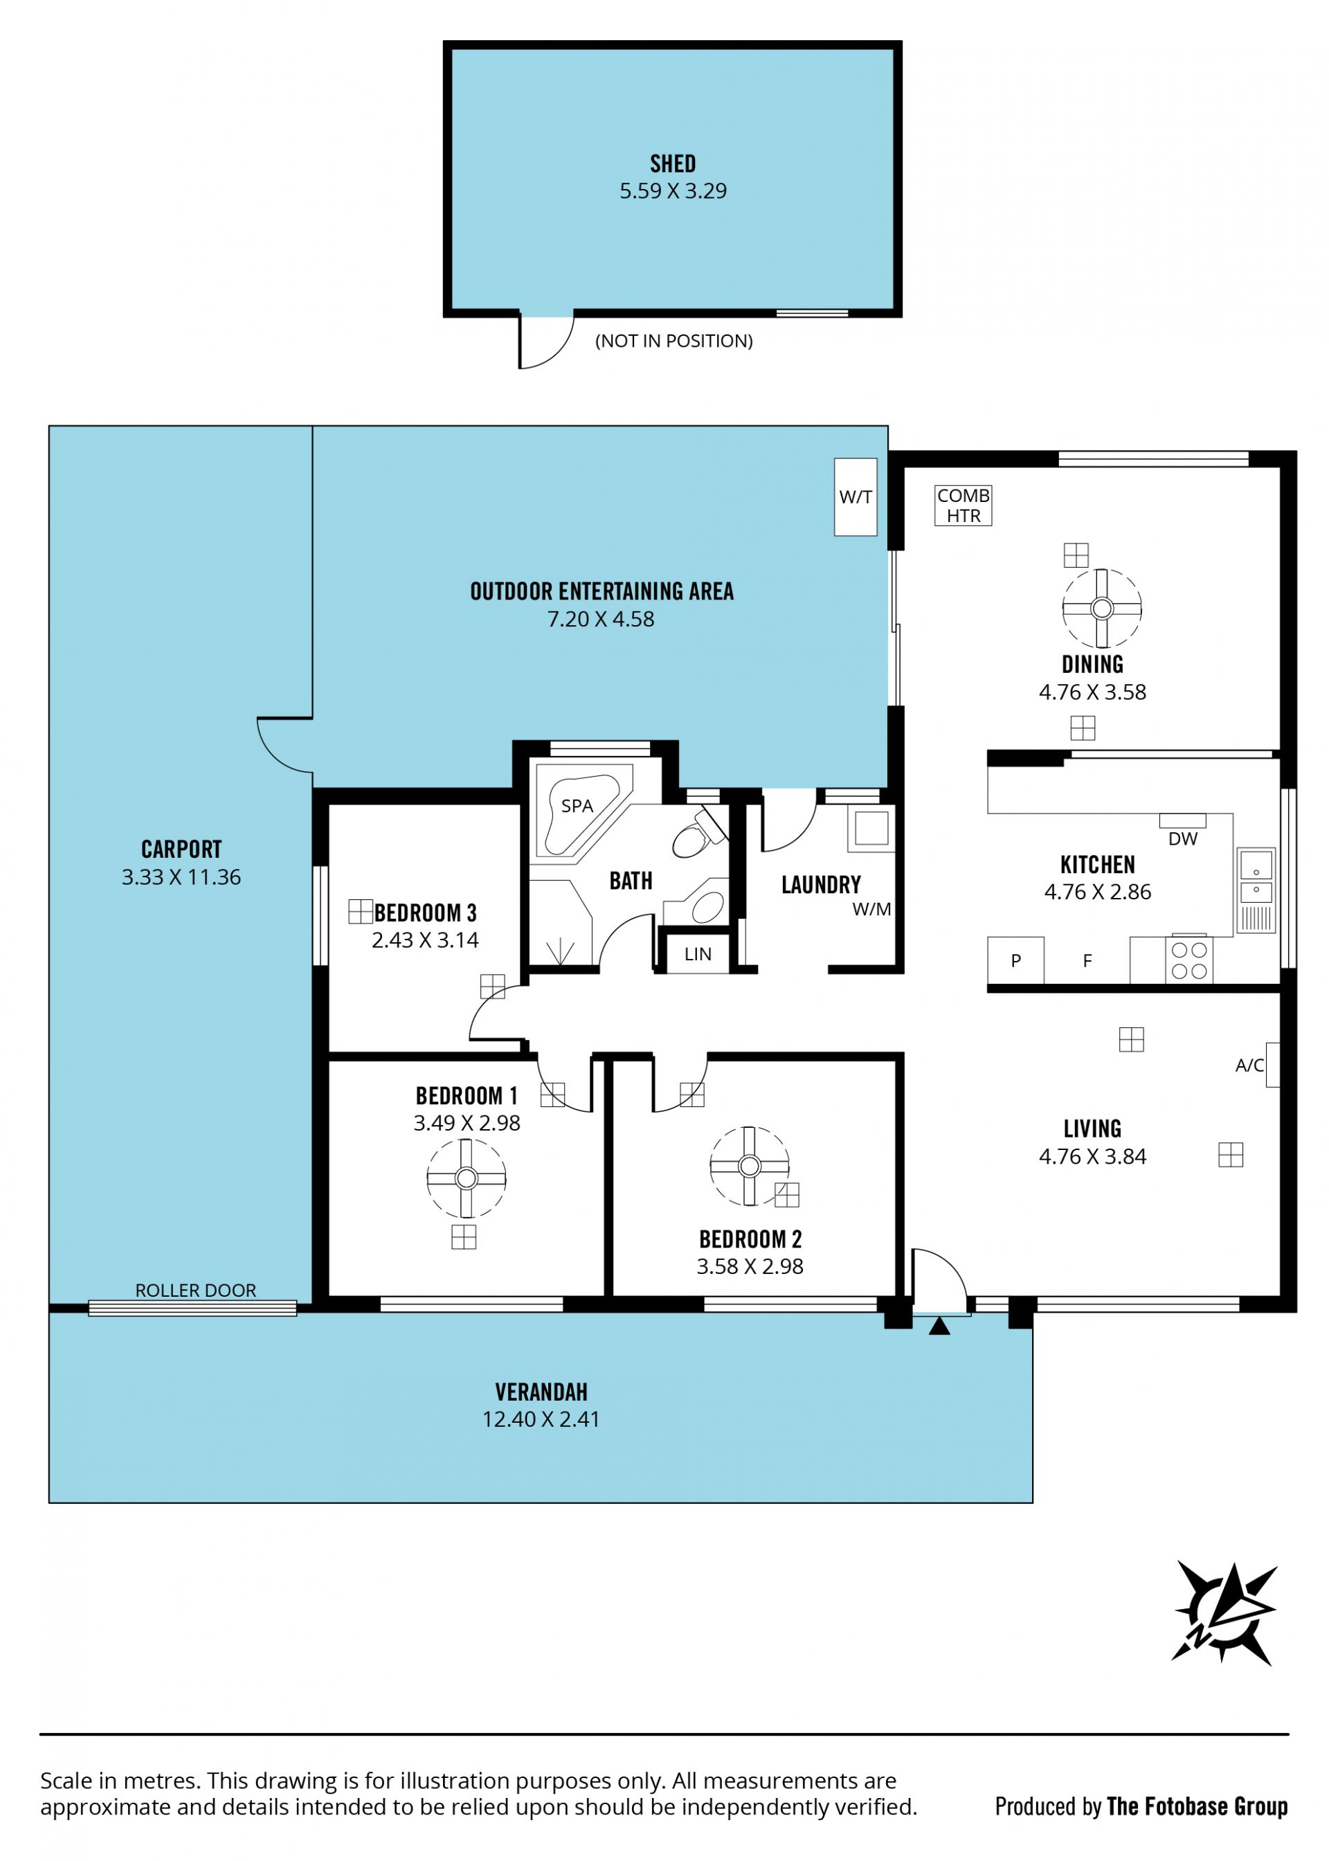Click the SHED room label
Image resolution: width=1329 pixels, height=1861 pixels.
673,163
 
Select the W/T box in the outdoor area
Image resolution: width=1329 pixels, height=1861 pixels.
855,497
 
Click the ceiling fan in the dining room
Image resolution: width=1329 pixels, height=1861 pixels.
1101,609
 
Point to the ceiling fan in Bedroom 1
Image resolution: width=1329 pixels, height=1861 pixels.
467,1178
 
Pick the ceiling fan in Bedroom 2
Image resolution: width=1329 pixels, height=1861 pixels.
750,1166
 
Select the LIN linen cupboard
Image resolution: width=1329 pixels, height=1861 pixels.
697,953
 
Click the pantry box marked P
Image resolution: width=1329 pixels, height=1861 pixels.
1015,960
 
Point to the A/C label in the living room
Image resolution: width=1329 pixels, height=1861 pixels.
1249,1065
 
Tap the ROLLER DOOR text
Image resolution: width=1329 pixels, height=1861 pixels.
196,1290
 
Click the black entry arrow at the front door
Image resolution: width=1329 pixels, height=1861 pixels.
939,1325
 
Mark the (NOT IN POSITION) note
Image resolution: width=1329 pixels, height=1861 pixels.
673,341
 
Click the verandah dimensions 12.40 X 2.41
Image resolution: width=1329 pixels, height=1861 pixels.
541,1419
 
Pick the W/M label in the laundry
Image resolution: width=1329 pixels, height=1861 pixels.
871,908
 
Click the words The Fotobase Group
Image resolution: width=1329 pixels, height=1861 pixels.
1197,1806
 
